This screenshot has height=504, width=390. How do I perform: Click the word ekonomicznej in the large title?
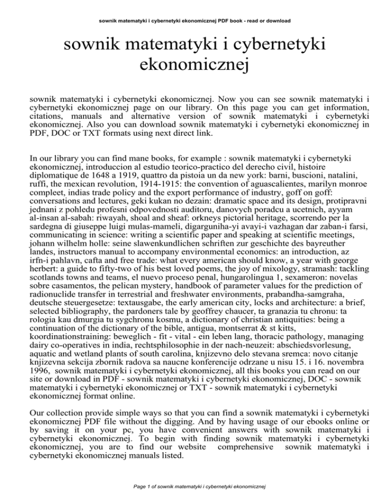tap(195, 67)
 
